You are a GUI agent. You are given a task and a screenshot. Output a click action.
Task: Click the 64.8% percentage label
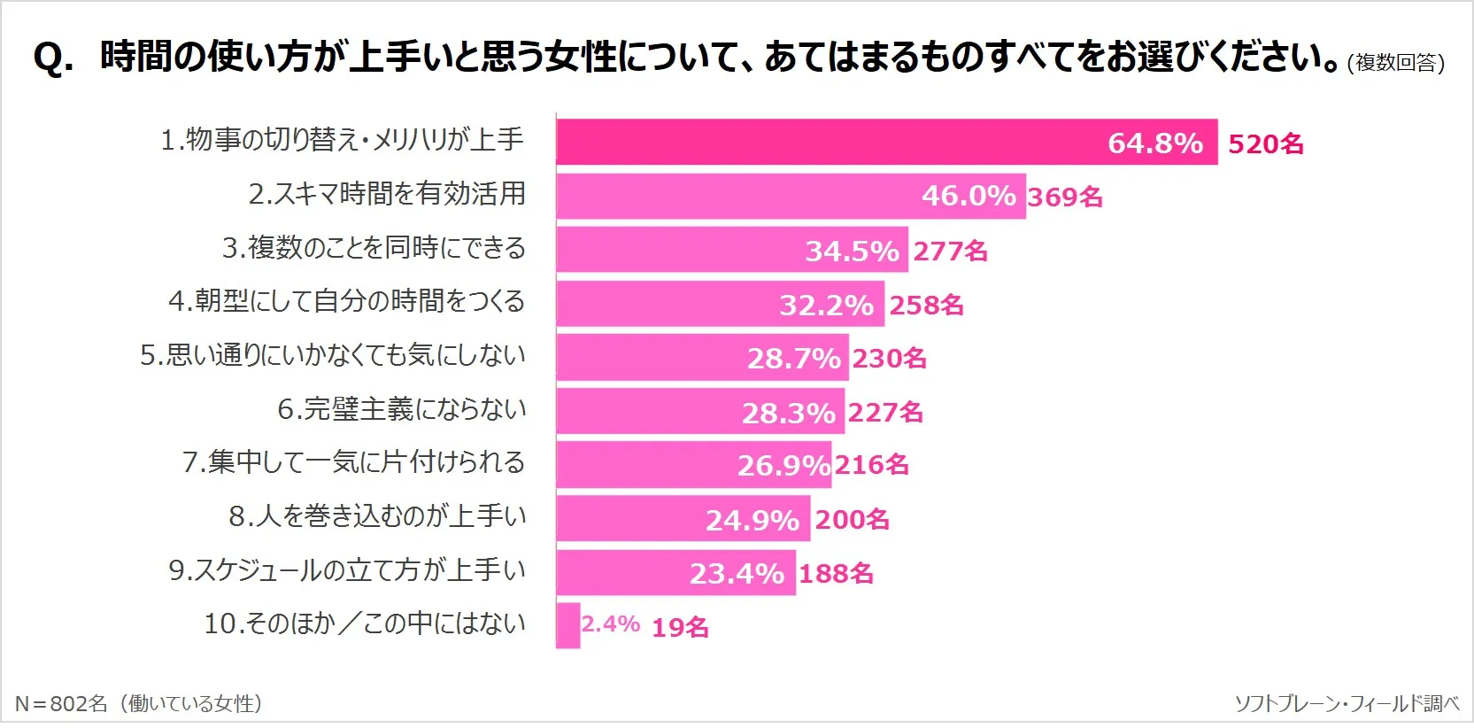click(x=1154, y=143)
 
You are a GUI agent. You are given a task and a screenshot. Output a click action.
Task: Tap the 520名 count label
click(x=1265, y=144)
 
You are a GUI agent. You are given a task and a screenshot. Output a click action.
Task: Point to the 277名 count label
click(x=950, y=252)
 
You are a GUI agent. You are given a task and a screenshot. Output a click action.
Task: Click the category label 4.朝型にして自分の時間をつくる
click(x=346, y=301)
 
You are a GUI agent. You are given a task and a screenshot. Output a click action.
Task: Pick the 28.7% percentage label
click(x=793, y=359)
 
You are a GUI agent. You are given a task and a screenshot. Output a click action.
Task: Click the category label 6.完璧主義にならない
click(x=401, y=409)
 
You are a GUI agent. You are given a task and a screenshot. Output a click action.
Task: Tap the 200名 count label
click(x=852, y=520)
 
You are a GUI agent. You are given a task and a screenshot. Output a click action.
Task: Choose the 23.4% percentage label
click(x=737, y=574)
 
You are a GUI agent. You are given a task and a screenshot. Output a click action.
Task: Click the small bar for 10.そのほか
click(x=567, y=625)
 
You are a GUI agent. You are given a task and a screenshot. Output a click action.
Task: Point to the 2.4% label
click(x=610, y=624)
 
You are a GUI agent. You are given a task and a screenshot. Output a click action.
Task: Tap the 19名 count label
click(x=680, y=628)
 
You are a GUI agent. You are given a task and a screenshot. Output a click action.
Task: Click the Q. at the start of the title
click(x=53, y=58)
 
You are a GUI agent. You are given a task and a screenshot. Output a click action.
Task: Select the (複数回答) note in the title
click(x=1395, y=63)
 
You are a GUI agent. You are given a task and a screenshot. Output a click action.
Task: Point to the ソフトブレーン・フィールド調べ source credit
click(x=1347, y=704)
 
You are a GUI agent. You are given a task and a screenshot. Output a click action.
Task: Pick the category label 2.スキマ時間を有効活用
click(x=387, y=194)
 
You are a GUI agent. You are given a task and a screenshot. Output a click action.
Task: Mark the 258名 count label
click(x=926, y=306)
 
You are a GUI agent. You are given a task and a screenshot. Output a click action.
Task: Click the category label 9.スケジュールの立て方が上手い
click(x=346, y=570)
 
